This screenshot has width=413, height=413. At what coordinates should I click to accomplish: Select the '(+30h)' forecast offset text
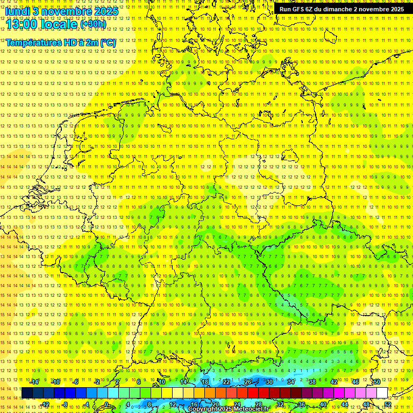click(92, 24)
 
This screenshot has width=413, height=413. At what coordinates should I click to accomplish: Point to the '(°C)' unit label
click(107, 42)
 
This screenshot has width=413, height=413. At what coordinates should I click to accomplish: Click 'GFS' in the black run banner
click(302, 9)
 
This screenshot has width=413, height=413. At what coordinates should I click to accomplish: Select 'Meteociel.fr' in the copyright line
click(250, 409)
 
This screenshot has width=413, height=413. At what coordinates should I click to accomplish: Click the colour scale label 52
click(388, 404)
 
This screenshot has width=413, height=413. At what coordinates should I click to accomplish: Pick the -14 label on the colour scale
click(34, 382)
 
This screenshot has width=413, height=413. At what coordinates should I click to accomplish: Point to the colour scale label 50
click(377, 382)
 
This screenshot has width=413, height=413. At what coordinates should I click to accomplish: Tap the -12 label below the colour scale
click(45, 404)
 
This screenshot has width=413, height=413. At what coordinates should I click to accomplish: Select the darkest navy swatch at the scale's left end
click(27, 393)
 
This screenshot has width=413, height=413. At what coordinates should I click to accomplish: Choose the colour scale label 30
click(269, 382)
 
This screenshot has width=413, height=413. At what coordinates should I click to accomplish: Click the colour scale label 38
click(312, 382)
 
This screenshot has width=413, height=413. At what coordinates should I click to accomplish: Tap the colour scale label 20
click(216, 404)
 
